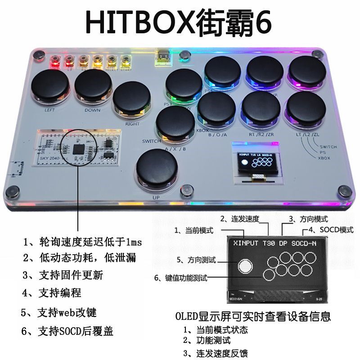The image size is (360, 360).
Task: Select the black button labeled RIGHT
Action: [x=131, y=100]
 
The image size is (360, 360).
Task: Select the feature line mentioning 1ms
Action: [x=82, y=243]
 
